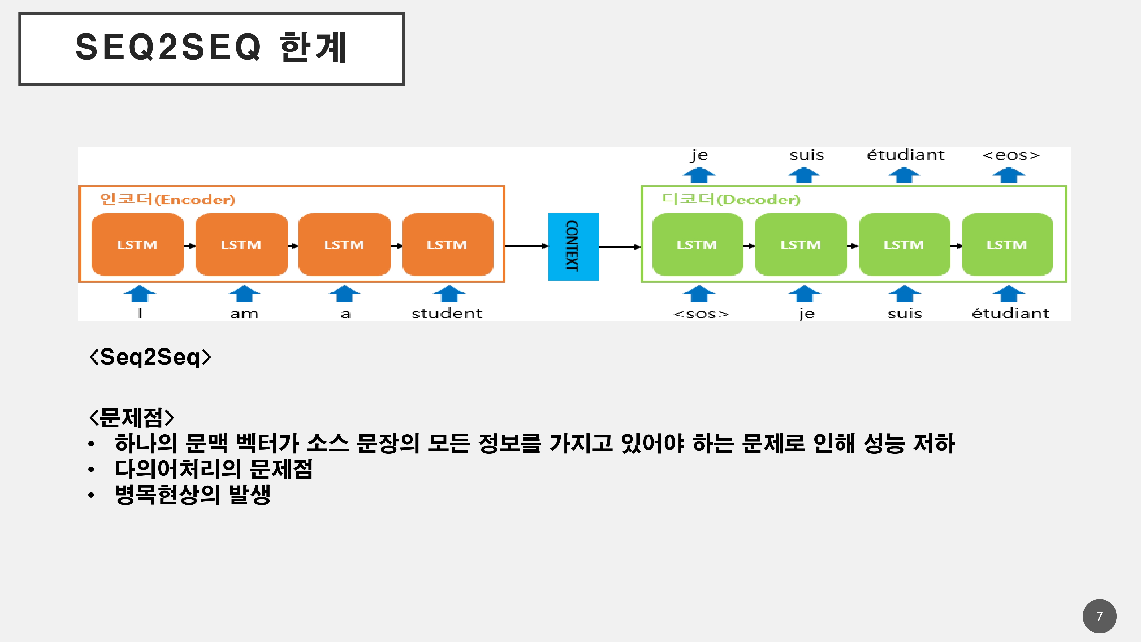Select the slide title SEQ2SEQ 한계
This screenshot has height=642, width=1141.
click(x=211, y=48)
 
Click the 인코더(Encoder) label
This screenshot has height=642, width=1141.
click(x=167, y=199)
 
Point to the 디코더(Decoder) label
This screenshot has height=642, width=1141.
click(x=731, y=199)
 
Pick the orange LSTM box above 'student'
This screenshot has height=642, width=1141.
click(x=447, y=245)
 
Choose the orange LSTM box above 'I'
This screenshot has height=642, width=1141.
click(x=137, y=245)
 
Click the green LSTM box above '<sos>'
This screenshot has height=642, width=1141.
click(x=697, y=245)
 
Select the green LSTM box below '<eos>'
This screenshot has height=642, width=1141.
click(x=1007, y=245)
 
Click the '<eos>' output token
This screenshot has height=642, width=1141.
click(x=1010, y=155)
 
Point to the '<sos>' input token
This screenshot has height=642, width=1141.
click(x=701, y=314)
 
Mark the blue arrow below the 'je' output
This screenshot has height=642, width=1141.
click(x=699, y=175)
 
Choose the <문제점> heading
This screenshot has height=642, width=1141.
click(x=132, y=417)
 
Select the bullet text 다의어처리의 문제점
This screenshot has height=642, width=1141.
click(x=213, y=469)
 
